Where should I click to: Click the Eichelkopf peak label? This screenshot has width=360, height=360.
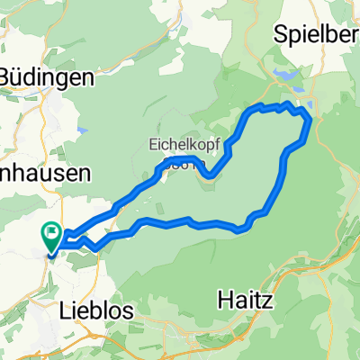180,144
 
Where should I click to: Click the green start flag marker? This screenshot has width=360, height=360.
51,237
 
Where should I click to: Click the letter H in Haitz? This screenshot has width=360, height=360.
225,295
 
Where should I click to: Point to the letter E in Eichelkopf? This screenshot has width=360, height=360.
151,144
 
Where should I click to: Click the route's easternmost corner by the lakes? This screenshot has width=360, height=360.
310,119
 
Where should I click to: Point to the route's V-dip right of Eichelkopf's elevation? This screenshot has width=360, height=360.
212,175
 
